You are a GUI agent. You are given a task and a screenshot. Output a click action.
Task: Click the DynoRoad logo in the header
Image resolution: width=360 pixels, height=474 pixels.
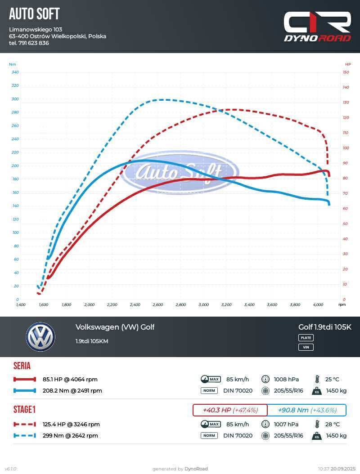[x=317, y=27]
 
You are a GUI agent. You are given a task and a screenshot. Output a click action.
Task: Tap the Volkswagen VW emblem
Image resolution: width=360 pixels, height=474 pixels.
[x=40, y=337]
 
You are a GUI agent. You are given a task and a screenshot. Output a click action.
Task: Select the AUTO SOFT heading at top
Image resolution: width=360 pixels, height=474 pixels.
[x=34, y=14]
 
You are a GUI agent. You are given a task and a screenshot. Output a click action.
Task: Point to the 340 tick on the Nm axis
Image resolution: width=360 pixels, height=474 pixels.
[x=15, y=72]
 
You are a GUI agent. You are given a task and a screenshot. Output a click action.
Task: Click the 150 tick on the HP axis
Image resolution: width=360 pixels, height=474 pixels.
[x=346, y=72]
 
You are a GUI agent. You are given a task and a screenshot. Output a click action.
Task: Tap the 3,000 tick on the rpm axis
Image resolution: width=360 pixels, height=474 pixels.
[x=203, y=305]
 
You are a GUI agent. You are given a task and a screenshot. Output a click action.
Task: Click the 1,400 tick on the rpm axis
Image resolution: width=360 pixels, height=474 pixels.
[x=21, y=305]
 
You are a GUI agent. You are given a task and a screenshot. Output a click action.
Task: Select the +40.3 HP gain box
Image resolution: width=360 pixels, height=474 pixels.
[x=230, y=410]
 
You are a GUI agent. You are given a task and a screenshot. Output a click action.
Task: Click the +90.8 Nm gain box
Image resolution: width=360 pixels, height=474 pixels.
[x=307, y=410]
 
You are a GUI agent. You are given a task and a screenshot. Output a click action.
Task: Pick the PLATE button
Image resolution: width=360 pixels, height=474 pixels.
[x=306, y=338]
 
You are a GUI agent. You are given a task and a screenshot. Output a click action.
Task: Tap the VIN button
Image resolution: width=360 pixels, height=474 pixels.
[x=306, y=347]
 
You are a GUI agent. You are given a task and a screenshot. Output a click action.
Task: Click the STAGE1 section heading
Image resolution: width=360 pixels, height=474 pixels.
[x=24, y=410]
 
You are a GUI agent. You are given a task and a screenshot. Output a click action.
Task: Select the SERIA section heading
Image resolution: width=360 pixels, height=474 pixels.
[x=22, y=366]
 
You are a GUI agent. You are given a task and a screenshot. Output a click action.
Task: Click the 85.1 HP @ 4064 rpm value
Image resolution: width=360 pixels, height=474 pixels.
[x=70, y=380]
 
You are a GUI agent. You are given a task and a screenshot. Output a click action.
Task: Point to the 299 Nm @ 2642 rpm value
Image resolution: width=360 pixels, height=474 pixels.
[x=70, y=436]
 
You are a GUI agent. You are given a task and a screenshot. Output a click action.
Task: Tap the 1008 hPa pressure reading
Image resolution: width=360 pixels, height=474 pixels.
[x=286, y=380]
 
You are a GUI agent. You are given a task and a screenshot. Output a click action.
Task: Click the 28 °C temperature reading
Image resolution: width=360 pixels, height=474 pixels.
[x=333, y=425]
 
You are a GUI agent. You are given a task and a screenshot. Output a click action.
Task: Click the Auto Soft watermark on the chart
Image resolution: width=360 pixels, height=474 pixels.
[x=180, y=172]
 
